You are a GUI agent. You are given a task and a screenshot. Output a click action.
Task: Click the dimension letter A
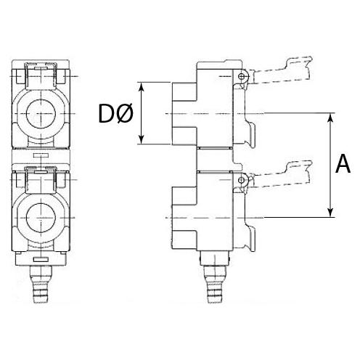343,165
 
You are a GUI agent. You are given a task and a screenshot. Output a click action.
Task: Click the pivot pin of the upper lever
240,76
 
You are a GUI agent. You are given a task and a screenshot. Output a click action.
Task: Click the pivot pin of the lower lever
240,179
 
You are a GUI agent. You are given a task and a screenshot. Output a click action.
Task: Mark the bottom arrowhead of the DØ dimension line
142,142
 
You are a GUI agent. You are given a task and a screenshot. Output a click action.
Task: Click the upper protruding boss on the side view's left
184,113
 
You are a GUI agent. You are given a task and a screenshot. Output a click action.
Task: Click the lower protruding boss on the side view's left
184,217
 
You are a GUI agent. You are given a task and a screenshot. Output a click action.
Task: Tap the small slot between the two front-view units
43,155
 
